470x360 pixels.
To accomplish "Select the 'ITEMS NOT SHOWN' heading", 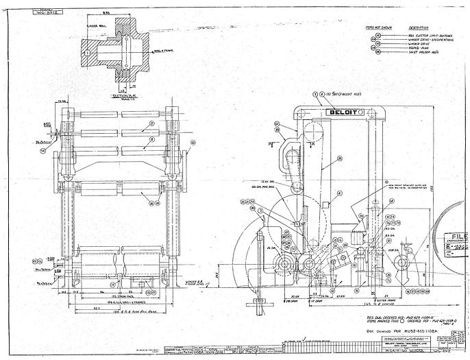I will coord(378,28).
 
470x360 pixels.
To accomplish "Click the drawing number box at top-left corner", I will coord(55,12).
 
